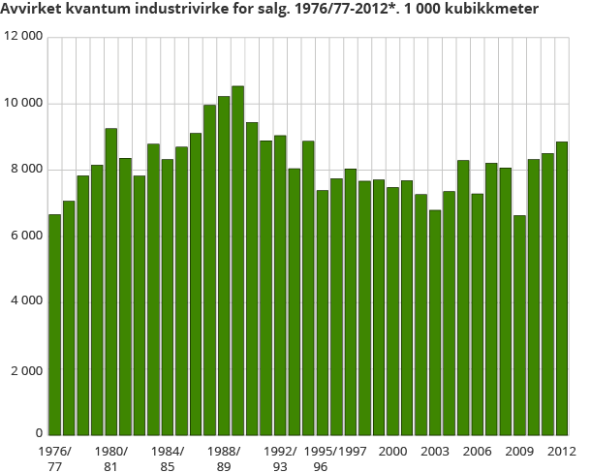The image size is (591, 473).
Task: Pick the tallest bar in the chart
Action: (237, 261)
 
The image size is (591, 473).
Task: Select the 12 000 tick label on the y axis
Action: (23, 36)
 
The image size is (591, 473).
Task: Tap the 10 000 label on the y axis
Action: (23, 103)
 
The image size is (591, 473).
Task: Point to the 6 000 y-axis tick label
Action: (26, 236)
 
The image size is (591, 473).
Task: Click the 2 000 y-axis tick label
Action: (26, 368)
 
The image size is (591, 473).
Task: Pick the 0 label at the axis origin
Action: (39, 434)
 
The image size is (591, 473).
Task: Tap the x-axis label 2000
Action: (392, 452)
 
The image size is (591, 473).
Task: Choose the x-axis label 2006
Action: (477, 452)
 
